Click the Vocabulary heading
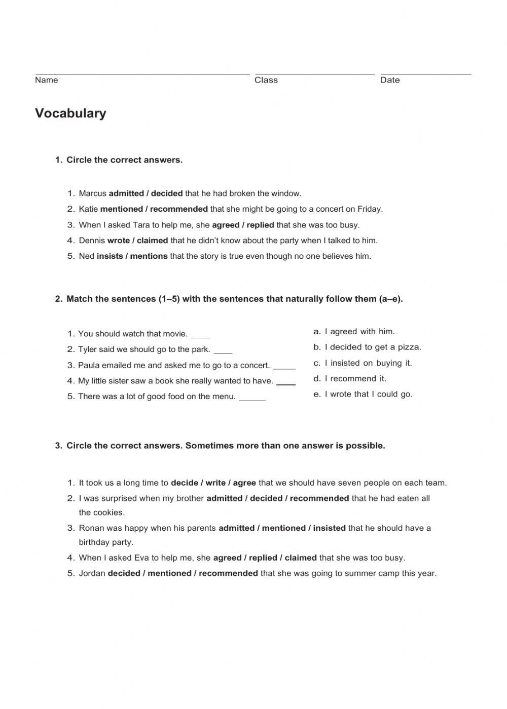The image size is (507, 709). [70, 113]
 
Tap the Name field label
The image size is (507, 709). [46, 80]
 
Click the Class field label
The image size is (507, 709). [266, 80]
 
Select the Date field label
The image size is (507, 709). [389, 80]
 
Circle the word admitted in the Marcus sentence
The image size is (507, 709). [126, 193]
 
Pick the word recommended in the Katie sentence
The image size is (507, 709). [178, 209]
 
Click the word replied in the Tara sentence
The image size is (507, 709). [260, 225]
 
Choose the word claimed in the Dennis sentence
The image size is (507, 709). [152, 241]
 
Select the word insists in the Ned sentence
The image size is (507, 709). [110, 256]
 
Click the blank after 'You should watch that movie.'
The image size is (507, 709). [200, 335]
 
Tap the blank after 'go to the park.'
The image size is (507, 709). [223, 351]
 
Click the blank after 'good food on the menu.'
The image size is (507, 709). [252, 398]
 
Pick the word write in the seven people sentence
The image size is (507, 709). [215, 483]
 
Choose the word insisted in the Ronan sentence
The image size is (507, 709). [329, 528]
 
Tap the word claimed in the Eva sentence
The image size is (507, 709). [300, 558]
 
